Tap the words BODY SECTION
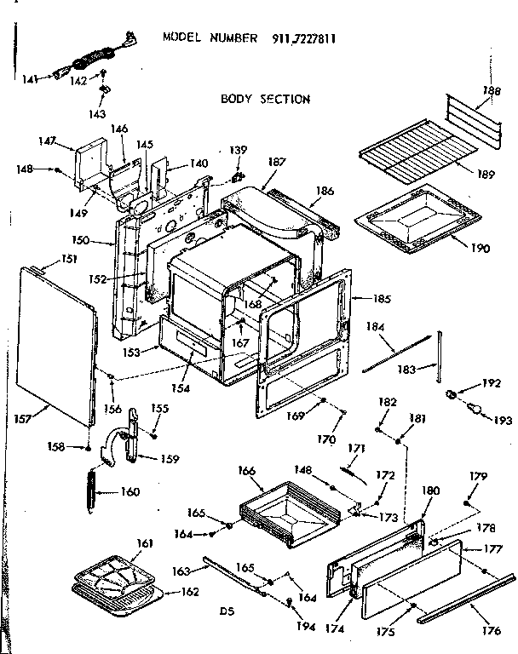[265, 99]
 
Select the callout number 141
[31, 79]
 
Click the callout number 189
[486, 175]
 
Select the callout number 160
[129, 490]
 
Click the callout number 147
[47, 141]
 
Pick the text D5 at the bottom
[225, 610]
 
